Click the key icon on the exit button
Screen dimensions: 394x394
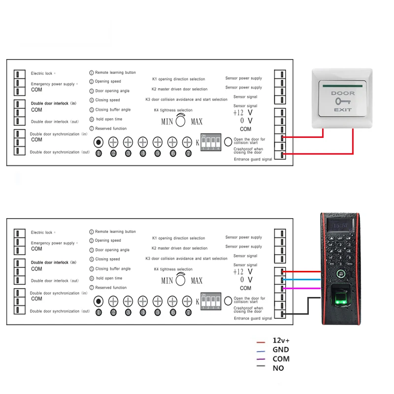pyautogui.click(x=342, y=101)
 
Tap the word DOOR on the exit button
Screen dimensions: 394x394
pyautogui.click(x=342, y=93)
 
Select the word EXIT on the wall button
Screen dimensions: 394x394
pyautogui.click(x=342, y=109)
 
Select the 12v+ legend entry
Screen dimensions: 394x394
pyautogui.click(x=281, y=341)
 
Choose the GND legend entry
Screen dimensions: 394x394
pyautogui.click(x=280, y=350)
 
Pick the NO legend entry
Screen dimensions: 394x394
pyautogui.click(x=278, y=368)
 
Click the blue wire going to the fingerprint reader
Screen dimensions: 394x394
pyautogui.click(x=302, y=279)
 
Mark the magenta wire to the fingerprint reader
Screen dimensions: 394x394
pyautogui.click(x=302, y=288)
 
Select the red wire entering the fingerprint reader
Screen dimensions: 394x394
pyautogui.click(x=302, y=271)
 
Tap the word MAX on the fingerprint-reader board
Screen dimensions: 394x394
pyautogui.click(x=197, y=281)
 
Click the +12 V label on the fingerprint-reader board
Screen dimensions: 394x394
pyautogui.click(x=243, y=271)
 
